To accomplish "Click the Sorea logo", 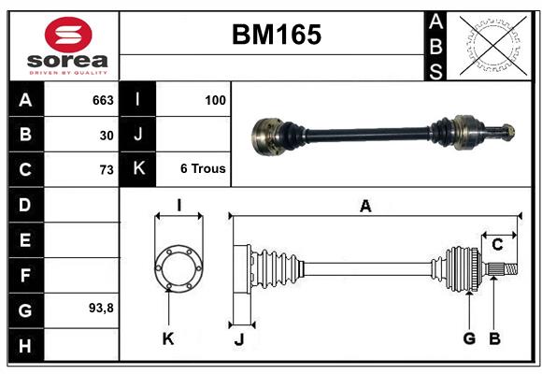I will [x=67, y=46].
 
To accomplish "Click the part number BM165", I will [x=276, y=36].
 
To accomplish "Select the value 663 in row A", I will [x=102, y=99].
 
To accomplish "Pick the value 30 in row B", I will [x=106, y=135].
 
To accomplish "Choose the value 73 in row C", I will [x=106, y=170].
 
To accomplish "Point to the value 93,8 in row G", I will [x=101, y=307].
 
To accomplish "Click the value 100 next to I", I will [x=215, y=99].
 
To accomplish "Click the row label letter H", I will [x=25, y=347].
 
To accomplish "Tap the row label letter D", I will [x=25, y=204].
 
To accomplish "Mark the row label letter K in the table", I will [x=138, y=169].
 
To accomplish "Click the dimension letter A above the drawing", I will [x=365, y=207].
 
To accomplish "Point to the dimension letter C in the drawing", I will [x=498, y=245].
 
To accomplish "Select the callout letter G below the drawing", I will [x=469, y=338].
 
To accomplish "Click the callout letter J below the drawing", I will [x=239, y=339].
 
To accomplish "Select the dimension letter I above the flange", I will [x=178, y=205].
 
